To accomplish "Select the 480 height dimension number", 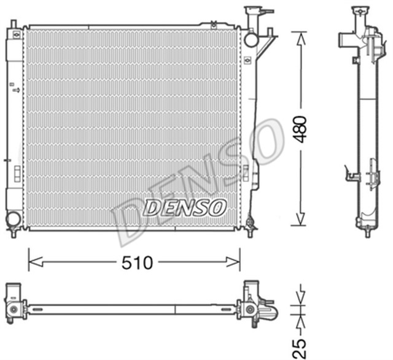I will pyautogui.click(x=300, y=129).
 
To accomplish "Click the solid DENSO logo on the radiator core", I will pyautogui.click(x=185, y=207).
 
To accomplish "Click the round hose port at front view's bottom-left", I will pyautogui.click(x=13, y=218).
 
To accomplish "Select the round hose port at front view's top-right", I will pyautogui.click(x=251, y=39).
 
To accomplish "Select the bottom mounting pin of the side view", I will pyautogui.click(x=367, y=231).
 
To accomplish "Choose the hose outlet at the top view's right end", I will pyautogui.click(x=270, y=312).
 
